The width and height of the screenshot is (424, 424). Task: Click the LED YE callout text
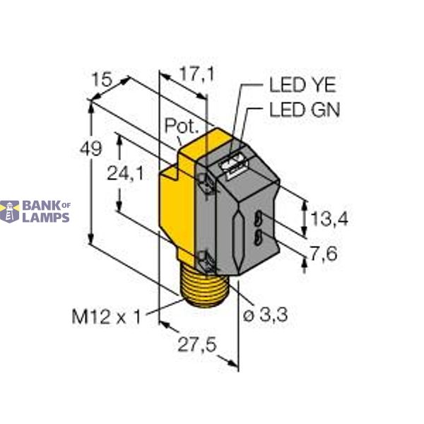pyautogui.click(x=303, y=86)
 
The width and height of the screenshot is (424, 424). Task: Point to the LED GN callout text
pyautogui.click(x=305, y=110)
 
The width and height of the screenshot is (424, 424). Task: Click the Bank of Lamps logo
pyautogui.click(x=35, y=211)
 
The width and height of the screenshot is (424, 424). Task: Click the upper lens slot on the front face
pyautogui.click(x=259, y=218)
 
